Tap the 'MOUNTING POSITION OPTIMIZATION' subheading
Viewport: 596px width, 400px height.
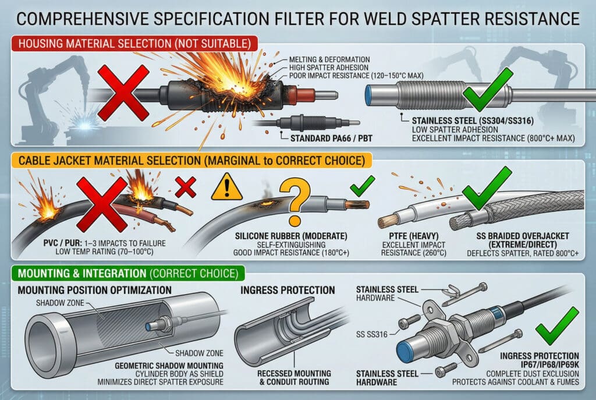(x=94, y=290)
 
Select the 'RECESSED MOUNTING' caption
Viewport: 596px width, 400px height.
(x=288, y=373)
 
